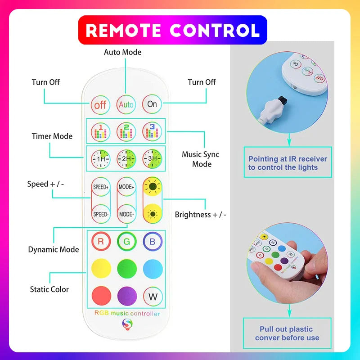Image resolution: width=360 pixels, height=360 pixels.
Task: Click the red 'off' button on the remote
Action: pyautogui.click(x=100, y=105)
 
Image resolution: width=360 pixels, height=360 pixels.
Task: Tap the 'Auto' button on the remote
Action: pyautogui.click(x=126, y=104)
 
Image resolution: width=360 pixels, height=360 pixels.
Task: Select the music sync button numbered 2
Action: pyautogui.click(x=126, y=131)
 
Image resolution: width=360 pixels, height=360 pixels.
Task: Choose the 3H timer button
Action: pyautogui.click(x=152, y=158)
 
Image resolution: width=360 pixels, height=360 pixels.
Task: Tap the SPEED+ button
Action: pyautogui.click(x=100, y=186)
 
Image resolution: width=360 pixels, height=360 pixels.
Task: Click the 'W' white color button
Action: pyautogui.click(x=153, y=296)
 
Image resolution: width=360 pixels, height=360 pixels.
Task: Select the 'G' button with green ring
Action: pyautogui.click(x=126, y=242)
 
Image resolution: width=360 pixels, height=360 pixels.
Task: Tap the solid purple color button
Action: pyautogui.click(x=126, y=296)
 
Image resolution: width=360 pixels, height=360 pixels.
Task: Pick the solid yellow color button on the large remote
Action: pyautogui.click(x=101, y=269)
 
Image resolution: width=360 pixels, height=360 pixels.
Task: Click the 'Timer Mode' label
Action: pyautogui.click(x=52, y=136)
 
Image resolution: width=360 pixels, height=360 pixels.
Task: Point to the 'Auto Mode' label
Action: pyautogui.click(x=122, y=52)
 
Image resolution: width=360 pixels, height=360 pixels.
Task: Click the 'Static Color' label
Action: pyautogui.click(x=49, y=289)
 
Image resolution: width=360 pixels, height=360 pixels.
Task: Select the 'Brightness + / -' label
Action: pyautogui.click(x=200, y=215)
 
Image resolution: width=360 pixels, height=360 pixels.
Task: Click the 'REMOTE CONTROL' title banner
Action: pyautogui.click(x=173, y=30)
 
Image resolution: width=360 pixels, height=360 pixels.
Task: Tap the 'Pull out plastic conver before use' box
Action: pyautogui.click(x=287, y=333)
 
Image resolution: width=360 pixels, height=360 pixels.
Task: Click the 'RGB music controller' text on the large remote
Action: pyautogui.click(x=126, y=313)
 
